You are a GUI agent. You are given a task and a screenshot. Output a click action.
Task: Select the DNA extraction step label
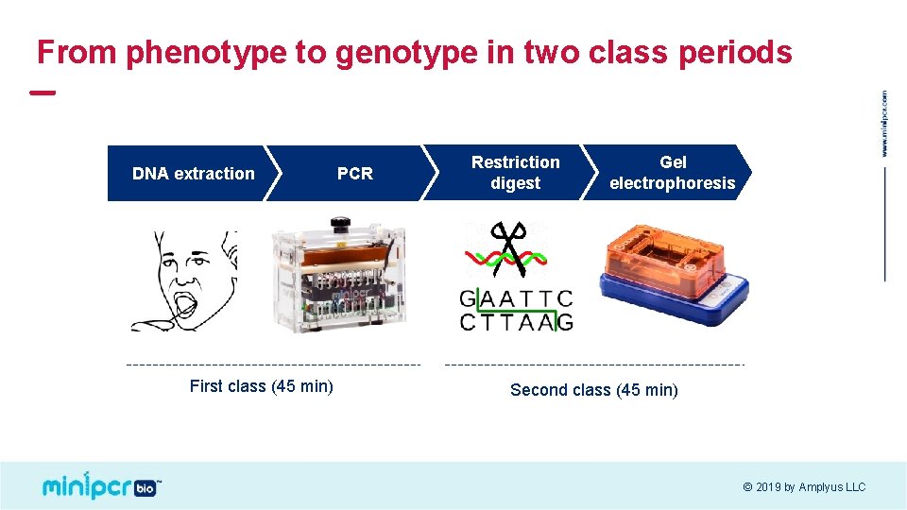click(193, 174)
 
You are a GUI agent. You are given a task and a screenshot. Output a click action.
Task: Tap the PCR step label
click(355, 174)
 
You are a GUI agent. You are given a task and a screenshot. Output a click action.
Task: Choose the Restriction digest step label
click(515, 173)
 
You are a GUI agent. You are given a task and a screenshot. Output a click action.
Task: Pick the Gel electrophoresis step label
click(672, 173)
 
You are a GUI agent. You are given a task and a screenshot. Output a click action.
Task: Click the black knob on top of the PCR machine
click(337, 224)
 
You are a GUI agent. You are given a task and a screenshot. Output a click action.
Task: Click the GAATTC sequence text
click(516, 299)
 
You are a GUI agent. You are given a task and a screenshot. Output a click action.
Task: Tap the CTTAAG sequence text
click(516, 322)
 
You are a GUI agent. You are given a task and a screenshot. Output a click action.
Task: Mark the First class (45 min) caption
click(261, 386)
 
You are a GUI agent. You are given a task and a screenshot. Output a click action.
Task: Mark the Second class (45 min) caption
click(593, 390)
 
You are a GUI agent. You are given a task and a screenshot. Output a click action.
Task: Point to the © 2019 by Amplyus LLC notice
click(803, 487)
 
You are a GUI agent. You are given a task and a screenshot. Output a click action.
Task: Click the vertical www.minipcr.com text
click(884, 123)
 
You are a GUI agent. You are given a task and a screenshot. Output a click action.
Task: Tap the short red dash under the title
click(43, 93)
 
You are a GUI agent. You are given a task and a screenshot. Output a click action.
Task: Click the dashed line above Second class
click(593, 364)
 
